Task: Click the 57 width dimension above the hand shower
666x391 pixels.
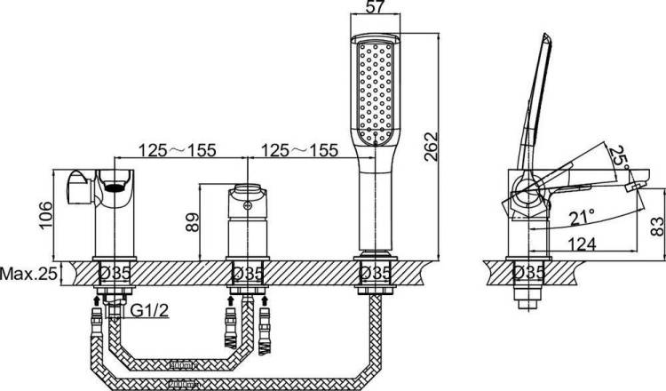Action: click(376, 7)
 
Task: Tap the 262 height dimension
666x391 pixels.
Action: click(431, 147)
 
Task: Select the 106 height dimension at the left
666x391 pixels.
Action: click(45, 215)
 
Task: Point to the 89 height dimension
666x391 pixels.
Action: click(192, 222)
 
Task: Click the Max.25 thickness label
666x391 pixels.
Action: click(28, 274)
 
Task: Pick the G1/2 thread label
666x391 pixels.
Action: click(149, 311)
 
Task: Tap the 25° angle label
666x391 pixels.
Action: click(618, 157)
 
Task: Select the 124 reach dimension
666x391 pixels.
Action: click(582, 244)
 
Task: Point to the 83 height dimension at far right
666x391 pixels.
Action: click(656, 226)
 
